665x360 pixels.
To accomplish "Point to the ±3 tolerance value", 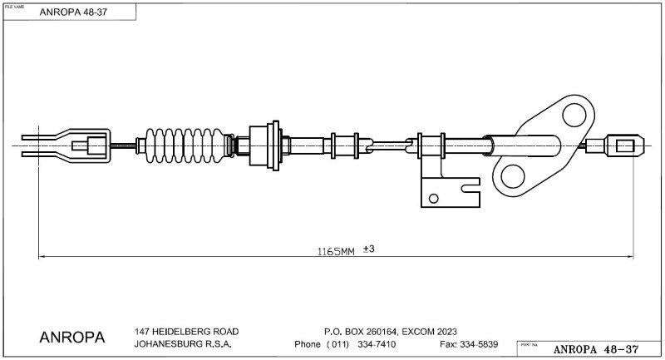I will [x=370, y=249].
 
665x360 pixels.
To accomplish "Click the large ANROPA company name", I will [x=72, y=338].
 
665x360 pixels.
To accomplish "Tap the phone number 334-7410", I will [x=377, y=344].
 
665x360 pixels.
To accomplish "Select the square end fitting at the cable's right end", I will [x=625, y=145].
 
